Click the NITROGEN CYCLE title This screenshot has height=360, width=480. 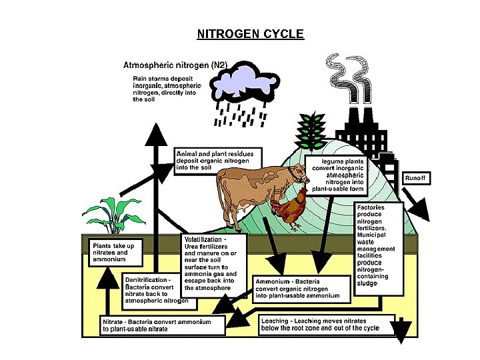pyautogui.click(x=250, y=33)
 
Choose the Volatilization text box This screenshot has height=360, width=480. pyautogui.click(x=215, y=263)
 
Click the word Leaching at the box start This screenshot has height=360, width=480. pyautogui.click(x=275, y=321)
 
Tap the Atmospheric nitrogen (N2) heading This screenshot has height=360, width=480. pyautogui.click(x=175, y=65)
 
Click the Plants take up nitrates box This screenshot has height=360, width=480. pyautogui.click(x=113, y=253)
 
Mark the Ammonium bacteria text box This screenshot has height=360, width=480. pyautogui.click(x=297, y=289)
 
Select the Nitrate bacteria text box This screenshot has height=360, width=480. pyautogui.click(x=157, y=325)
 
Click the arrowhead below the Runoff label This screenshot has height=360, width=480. pyautogui.click(x=421, y=211)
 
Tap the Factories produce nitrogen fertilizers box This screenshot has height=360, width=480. pyautogui.click(x=379, y=247)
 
